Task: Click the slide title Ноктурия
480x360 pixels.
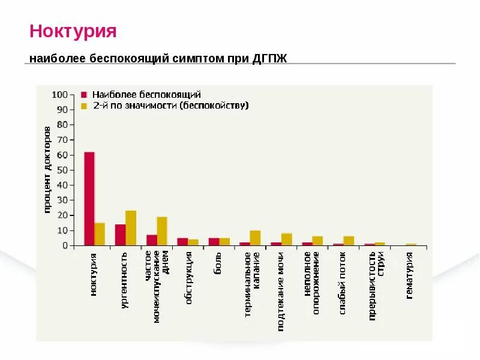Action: (73, 31)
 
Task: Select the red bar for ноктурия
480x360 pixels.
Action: (89, 199)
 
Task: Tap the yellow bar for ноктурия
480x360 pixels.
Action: (100, 234)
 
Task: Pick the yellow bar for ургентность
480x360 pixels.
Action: (131, 228)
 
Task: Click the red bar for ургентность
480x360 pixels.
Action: (120, 235)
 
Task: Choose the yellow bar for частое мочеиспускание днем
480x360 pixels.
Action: (162, 231)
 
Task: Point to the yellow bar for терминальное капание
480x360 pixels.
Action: (255, 238)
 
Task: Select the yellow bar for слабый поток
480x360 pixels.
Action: (349, 241)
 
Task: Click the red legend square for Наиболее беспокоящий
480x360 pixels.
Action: (84, 95)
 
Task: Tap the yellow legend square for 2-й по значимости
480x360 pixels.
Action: (84, 106)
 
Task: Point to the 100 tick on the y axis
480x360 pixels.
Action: (60, 95)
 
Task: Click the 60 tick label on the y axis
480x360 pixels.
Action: (62, 155)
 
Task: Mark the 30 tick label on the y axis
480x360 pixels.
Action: (62, 200)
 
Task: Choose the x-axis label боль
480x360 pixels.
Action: (218, 264)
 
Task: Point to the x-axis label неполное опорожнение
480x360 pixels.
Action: (311, 282)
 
